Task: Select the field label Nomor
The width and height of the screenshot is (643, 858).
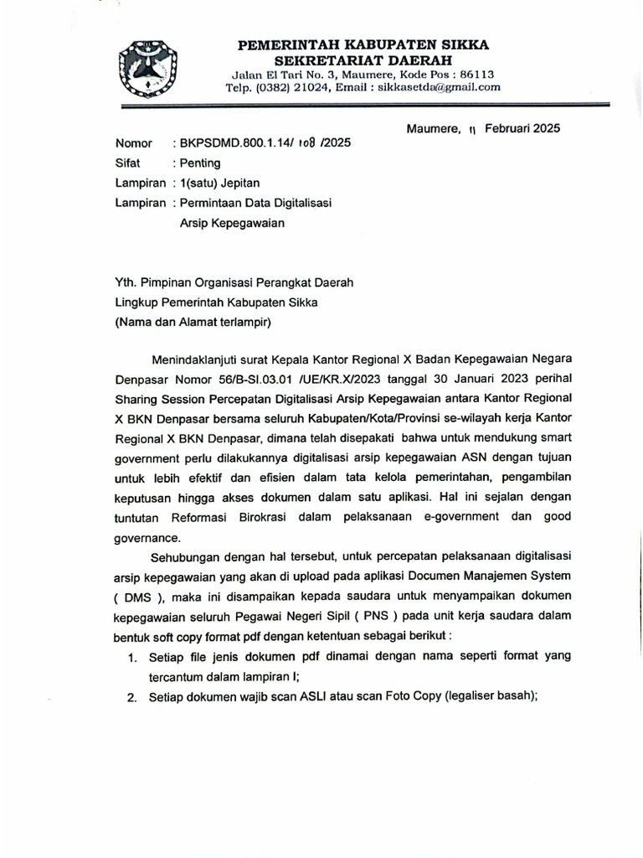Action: pyautogui.click(x=134, y=143)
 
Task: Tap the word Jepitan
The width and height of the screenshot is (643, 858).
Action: pyautogui.click(x=239, y=183)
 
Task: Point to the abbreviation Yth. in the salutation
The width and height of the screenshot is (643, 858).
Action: pyautogui.click(x=127, y=283)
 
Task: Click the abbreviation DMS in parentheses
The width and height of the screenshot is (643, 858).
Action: pyautogui.click(x=137, y=597)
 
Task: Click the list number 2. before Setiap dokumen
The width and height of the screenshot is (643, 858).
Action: pyautogui.click(x=132, y=697)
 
